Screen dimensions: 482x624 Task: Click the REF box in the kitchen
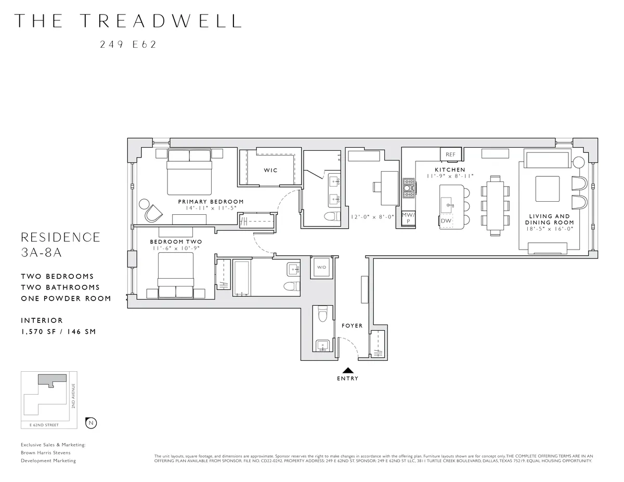[x=450, y=154]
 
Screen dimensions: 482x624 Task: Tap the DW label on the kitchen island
[x=446, y=220]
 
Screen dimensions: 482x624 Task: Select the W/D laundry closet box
[x=321, y=267]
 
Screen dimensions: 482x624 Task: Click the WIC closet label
[x=270, y=171]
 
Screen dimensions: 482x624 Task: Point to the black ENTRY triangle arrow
[x=348, y=370]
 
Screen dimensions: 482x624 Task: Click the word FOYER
[x=352, y=326]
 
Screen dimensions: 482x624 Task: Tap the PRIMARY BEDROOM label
[x=211, y=202]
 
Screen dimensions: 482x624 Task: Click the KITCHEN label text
[x=450, y=170]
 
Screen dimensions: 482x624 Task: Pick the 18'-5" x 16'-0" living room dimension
[x=549, y=228]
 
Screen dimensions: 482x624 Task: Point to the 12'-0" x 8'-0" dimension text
[x=372, y=217]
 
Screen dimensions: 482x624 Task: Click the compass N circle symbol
[x=91, y=423]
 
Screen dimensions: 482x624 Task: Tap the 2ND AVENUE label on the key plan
[x=74, y=396]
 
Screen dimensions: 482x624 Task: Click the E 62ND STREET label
[x=44, y=425]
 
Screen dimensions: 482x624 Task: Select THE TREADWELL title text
[x=128, y=21]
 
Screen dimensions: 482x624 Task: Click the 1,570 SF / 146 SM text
[x=58, y=332]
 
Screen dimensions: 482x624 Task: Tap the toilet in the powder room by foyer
[x=321, y=315]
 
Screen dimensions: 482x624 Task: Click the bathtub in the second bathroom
[x=241, y=277]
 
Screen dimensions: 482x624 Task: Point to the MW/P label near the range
[x=408, y=217]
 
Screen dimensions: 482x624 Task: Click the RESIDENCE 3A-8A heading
[x=60, y=244]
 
